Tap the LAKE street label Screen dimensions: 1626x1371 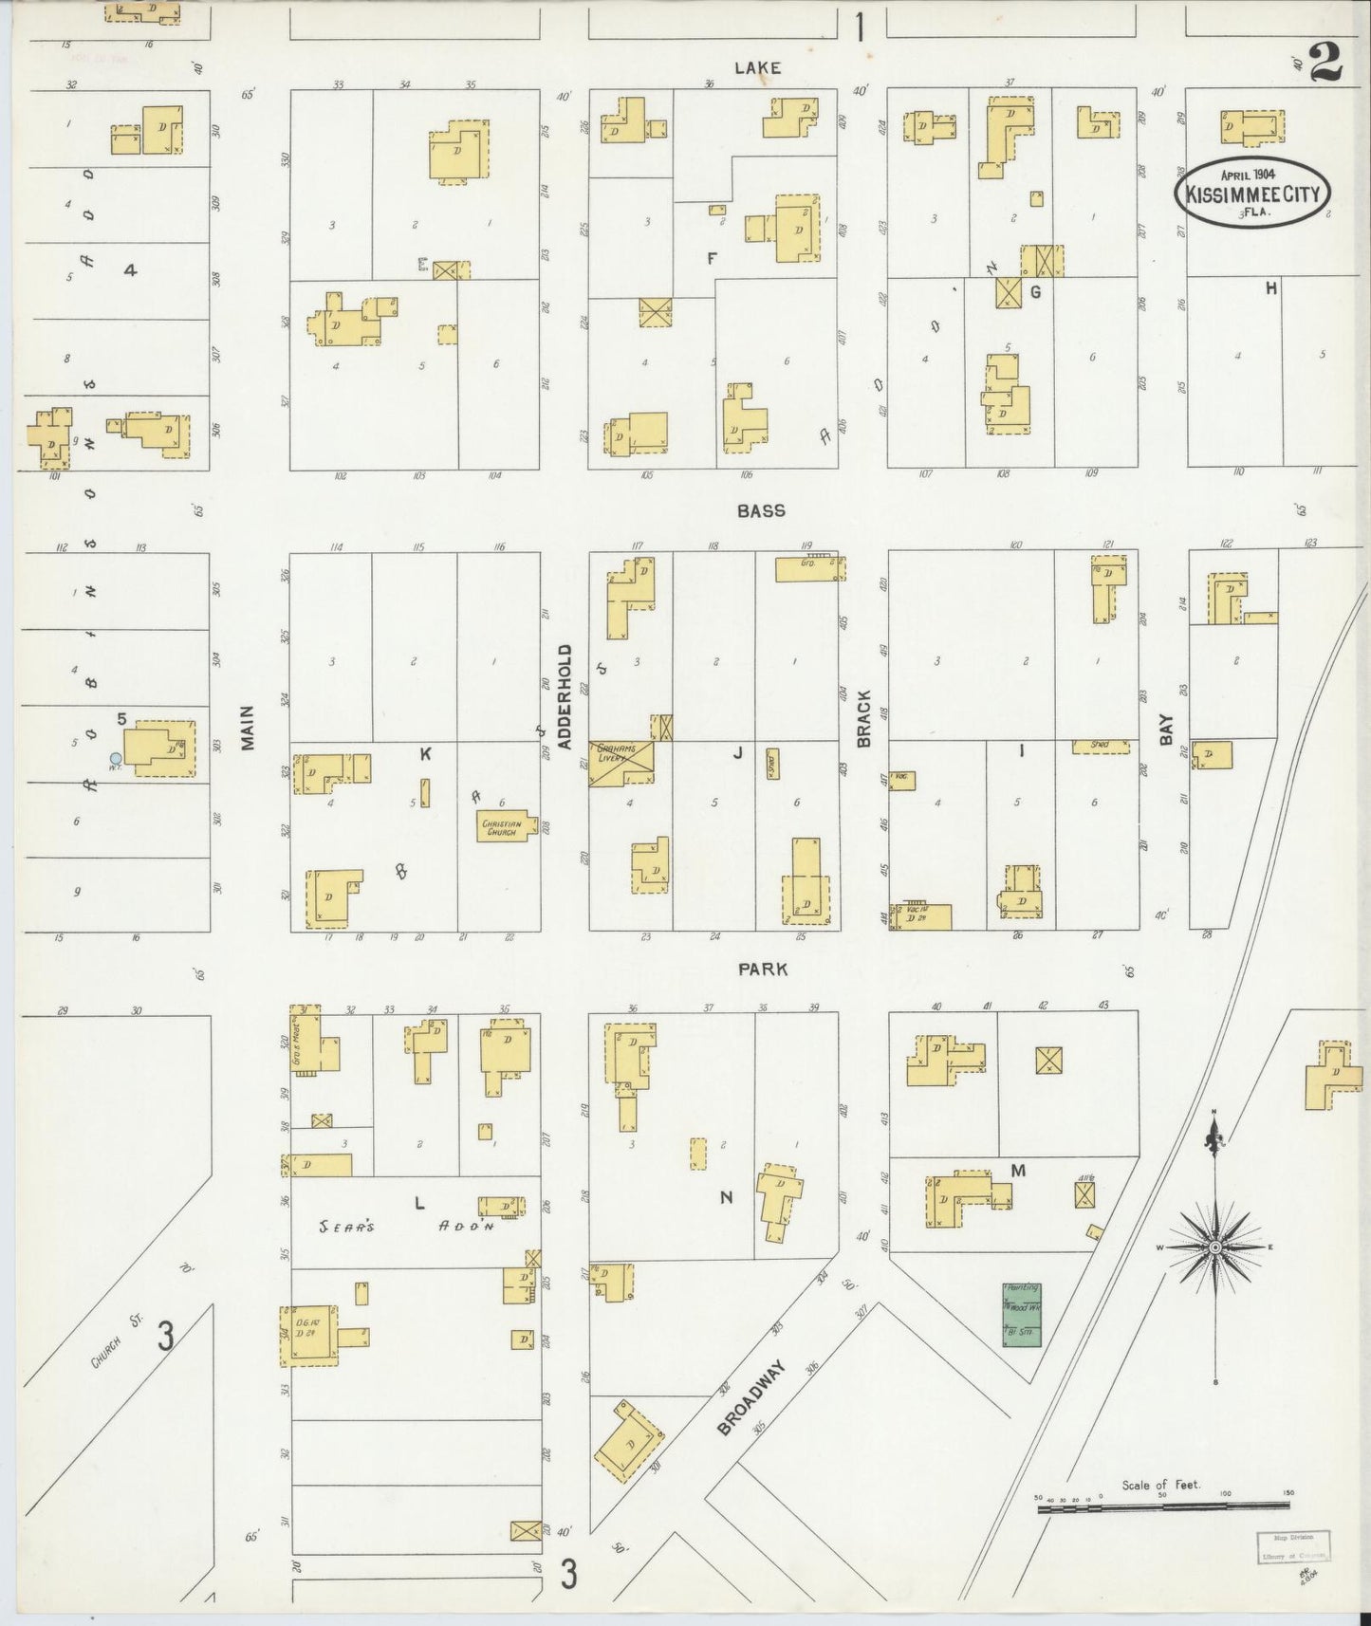point(756,68)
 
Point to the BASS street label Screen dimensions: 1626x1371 point(761,510)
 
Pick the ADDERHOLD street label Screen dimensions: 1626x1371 point(565,697)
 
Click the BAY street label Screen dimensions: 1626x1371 point(1166,730)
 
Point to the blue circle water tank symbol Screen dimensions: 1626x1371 point(116,758)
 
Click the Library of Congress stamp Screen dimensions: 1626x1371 point(1294,1545)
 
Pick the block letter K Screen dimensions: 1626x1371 point(425,753)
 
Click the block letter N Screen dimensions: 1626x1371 point(726,1198)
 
